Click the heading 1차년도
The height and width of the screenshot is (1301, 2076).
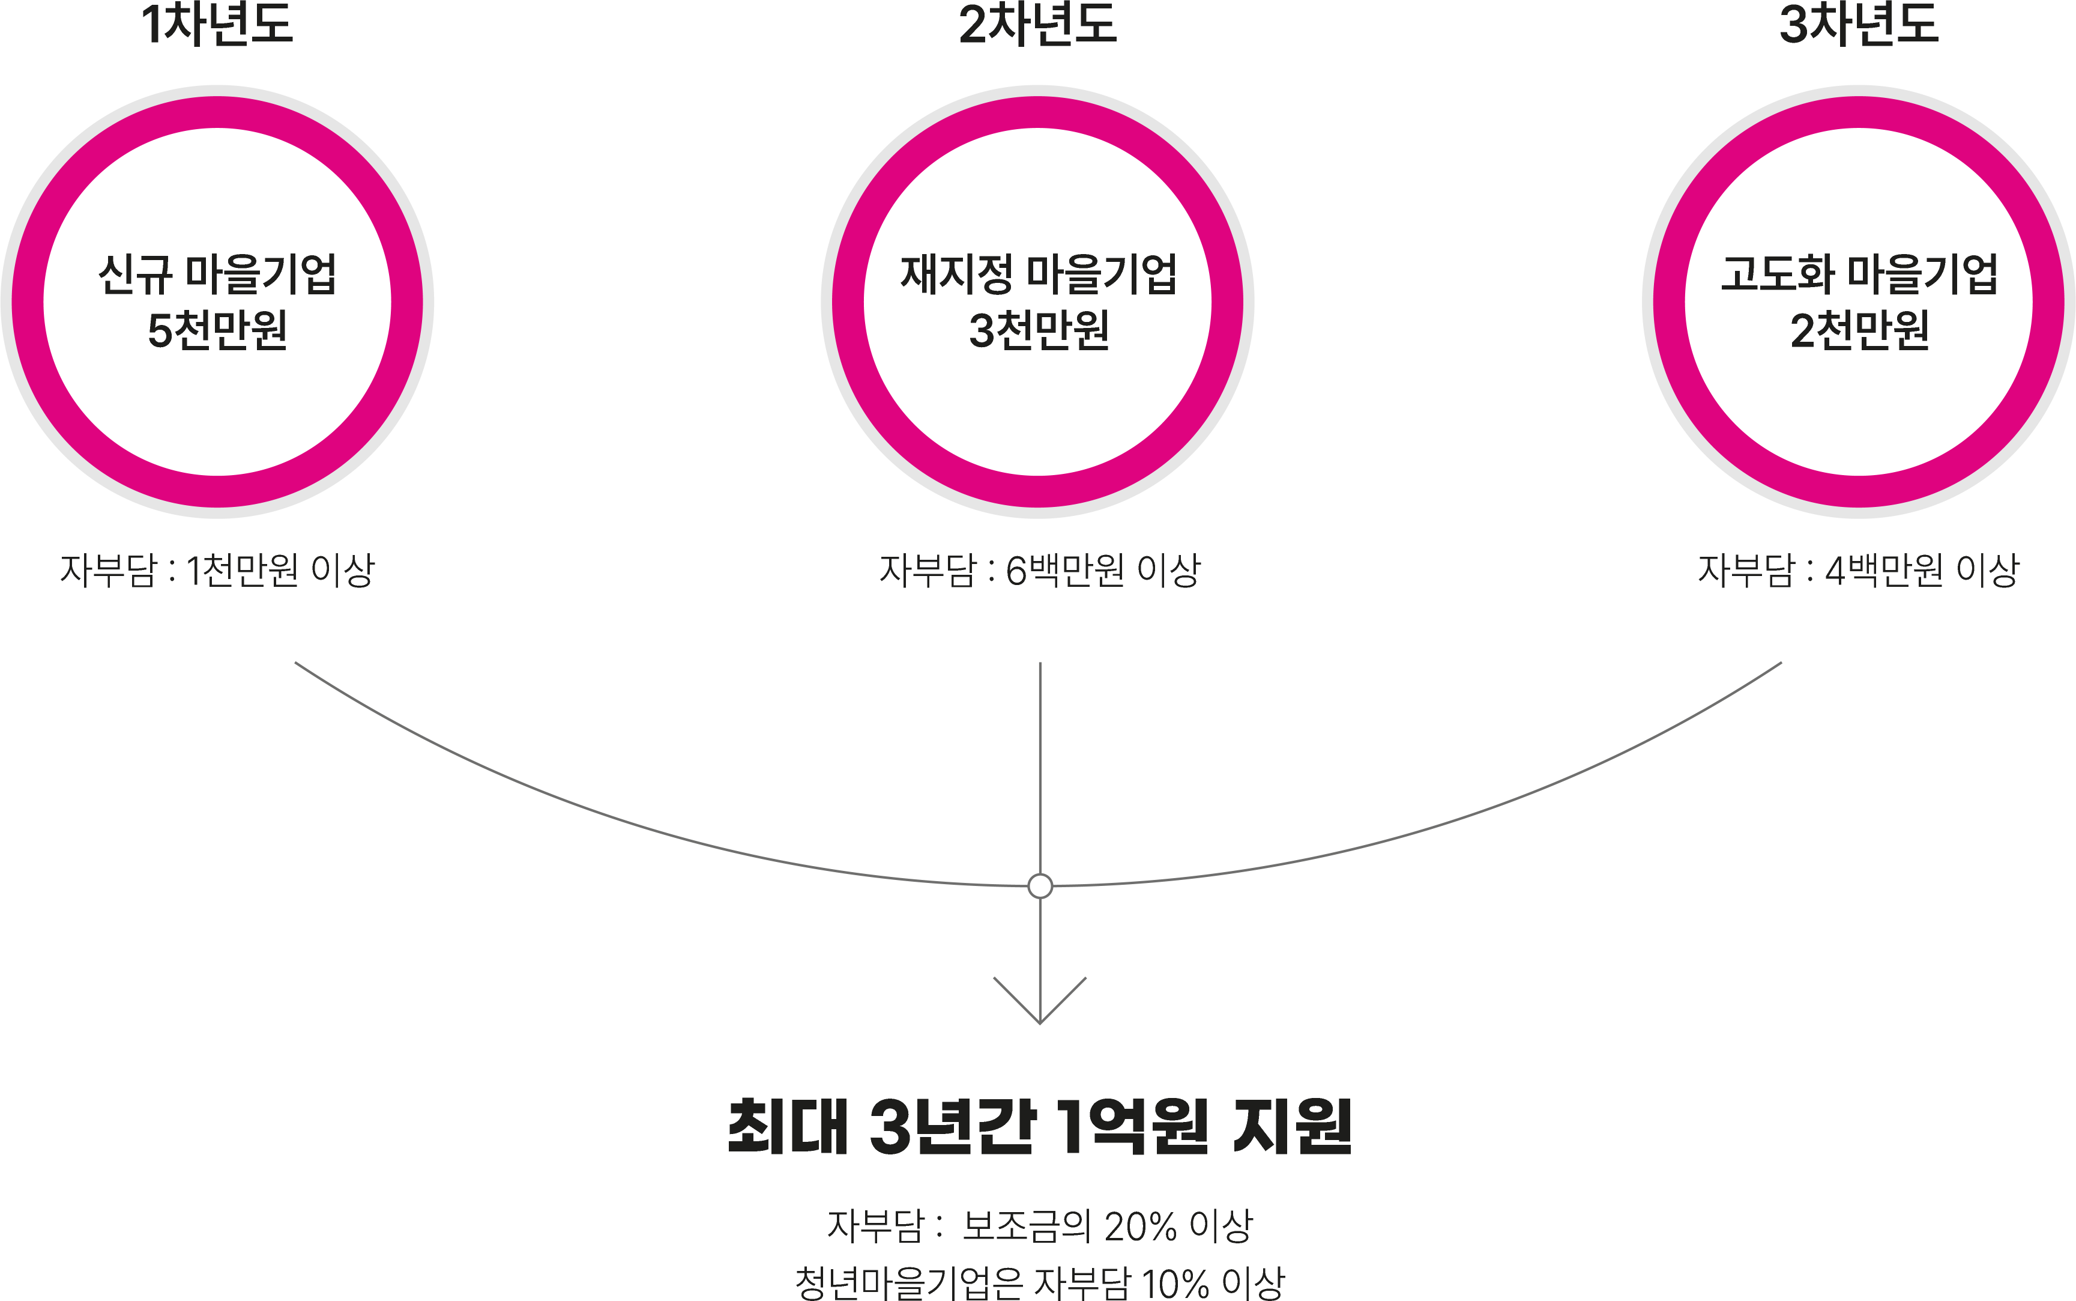tap(217, 24)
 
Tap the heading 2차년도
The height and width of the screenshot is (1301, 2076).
tap(1037, 24)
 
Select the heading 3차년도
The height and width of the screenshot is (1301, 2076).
tap(1859, 24)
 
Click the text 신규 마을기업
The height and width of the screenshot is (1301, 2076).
tap(217, 274)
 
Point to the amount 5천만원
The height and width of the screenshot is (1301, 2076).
tap(217, 330)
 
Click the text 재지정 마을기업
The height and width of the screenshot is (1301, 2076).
tap(1038, 274)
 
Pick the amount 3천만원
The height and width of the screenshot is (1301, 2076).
tap(1038, 330)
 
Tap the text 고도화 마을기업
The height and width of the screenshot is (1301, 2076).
tap(1859, 274)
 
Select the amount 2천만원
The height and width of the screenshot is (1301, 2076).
tap(1859, 330)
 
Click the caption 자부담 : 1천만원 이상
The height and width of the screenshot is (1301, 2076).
tap(217, 569)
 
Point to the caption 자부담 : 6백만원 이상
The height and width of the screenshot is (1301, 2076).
tap(1039, 569)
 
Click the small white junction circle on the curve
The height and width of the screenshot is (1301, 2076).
tap(1040, 885)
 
